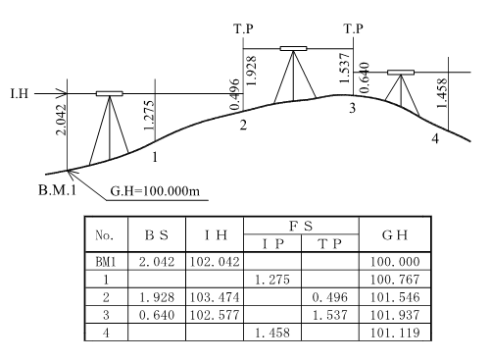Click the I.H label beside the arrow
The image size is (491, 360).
(20, 94)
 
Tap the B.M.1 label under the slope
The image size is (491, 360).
(57, 189)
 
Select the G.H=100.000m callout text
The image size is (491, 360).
(155, 191)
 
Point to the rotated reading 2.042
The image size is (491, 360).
(61, 120)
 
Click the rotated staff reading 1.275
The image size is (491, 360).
(149, 115)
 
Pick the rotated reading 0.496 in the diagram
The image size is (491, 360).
(235, 94)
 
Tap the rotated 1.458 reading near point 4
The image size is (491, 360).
(442, 93)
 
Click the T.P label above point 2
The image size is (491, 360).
(243, 28)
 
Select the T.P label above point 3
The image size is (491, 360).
(353, 28)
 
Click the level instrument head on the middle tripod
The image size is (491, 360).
(293, 49)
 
